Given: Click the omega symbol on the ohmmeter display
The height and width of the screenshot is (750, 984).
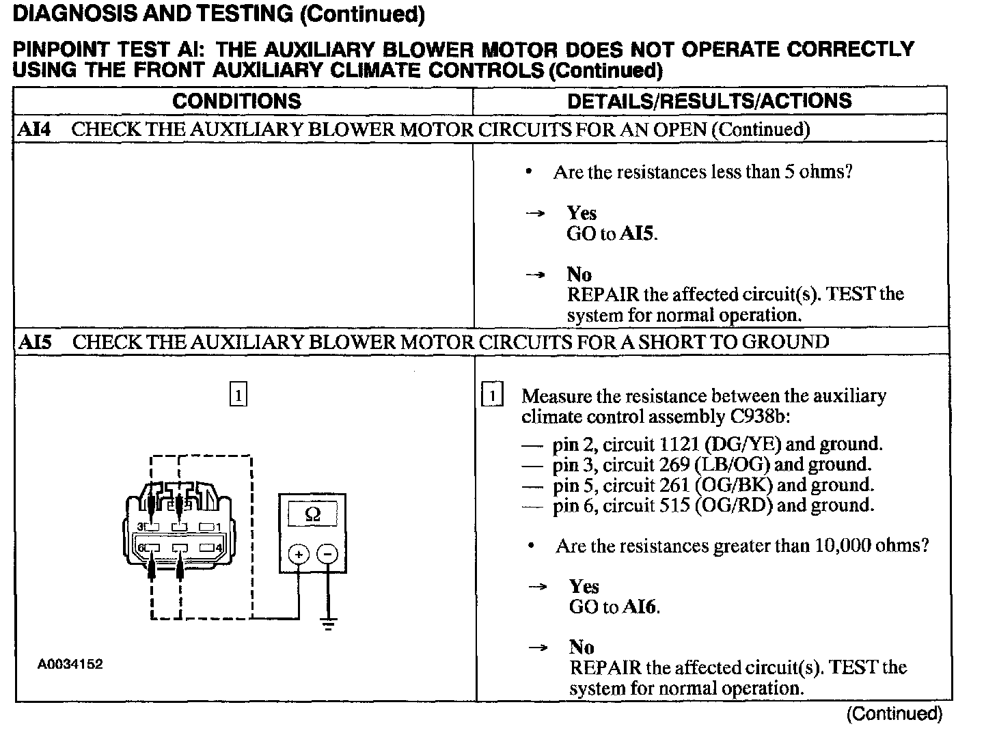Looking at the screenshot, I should tap(312, 514).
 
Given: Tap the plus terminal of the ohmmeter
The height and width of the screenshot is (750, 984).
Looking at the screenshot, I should tap(299, 554).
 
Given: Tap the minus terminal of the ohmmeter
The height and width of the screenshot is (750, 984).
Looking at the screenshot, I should tap(329, 554).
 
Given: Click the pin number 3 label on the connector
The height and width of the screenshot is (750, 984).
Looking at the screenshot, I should tap(140, 527).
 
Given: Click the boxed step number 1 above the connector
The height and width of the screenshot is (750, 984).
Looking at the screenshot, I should tap(238, 395).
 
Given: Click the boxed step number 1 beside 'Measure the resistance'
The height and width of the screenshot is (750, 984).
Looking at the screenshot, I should tap(493, 395).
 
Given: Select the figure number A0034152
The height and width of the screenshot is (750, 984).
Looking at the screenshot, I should tap(70, 664).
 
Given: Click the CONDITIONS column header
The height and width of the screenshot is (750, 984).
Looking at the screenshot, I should tap(236, 101).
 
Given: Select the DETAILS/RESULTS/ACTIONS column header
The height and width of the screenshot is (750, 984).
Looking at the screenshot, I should tap(709, 101).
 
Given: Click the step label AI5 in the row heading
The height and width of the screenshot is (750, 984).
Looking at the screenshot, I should tap(34, 342).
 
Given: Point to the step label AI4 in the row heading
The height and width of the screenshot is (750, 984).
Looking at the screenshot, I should tap(33, 129).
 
